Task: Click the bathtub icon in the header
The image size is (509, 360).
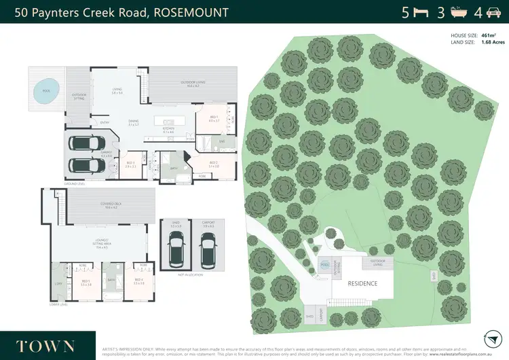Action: [457, 12]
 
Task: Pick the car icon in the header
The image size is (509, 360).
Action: [493, 12]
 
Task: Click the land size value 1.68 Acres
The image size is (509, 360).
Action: [493, 42]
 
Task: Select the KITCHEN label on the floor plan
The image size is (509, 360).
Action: [169, 128]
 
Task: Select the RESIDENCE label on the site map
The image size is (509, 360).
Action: [362, 284]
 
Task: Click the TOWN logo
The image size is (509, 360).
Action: [48, 345]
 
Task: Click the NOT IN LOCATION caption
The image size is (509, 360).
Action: [193, 274]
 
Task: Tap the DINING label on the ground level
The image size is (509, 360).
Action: [134, 122]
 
